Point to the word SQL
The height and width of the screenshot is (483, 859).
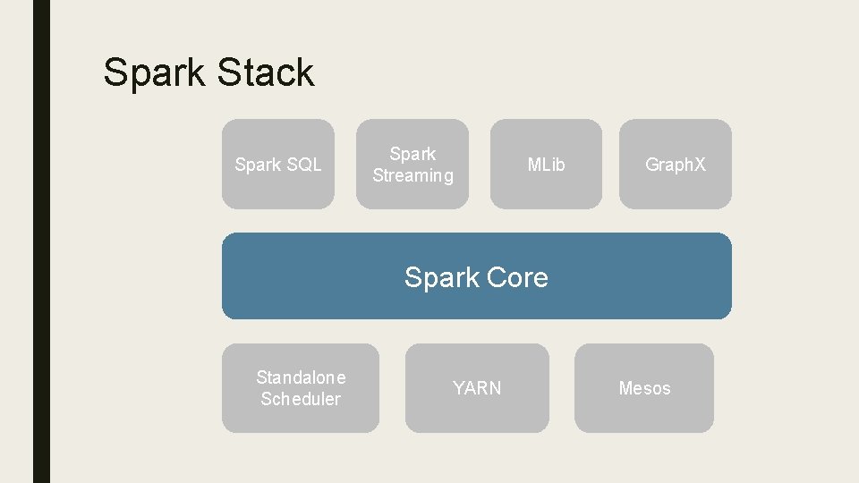(x=303, y=165)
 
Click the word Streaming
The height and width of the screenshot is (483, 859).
(x=412, y=176)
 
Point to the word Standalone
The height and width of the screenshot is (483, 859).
(x=301, y=377)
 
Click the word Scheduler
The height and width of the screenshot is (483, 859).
(x=301, y=399)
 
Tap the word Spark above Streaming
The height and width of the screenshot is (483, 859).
(x=412, y=154)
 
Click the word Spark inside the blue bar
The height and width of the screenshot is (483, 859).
(x=441, y=278)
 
